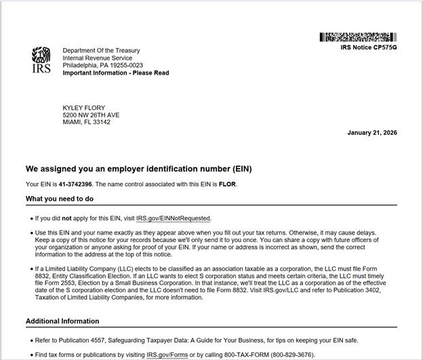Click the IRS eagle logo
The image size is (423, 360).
(41, 60)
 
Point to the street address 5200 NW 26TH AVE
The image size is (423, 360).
(91, 115)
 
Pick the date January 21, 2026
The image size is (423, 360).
(371, 132)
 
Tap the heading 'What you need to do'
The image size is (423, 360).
(60, 199)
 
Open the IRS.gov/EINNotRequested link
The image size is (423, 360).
(174, 218)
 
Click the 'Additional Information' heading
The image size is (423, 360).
(62, 321)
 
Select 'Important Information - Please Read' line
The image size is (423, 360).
(116, 73)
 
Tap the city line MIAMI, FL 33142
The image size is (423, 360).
(86, 123)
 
